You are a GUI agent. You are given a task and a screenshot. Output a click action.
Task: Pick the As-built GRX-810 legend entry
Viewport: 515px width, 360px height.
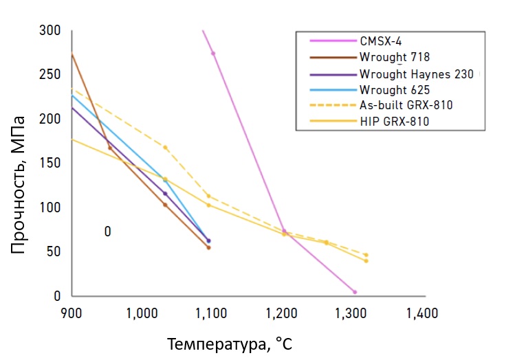[x=406, y=105]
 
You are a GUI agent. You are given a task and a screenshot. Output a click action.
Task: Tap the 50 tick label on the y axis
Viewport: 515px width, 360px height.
[x=54, y=252]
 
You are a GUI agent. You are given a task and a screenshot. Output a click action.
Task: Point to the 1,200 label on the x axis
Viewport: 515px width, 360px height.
[x=281, y=313]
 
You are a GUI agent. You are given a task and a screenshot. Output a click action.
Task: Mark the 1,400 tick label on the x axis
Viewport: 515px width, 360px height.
[x=421, y=313]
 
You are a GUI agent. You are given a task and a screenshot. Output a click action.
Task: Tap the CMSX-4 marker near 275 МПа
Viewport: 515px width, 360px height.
[x=213, y=53]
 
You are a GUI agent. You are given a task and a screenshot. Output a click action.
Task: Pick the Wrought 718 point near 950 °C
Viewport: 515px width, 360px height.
[x=110, y=148]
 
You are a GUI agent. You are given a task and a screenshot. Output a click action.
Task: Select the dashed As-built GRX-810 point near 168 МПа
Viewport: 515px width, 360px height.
[x=165, y=147]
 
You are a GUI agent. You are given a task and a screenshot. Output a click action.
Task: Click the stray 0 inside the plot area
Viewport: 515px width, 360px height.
[x=108, y=232]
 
